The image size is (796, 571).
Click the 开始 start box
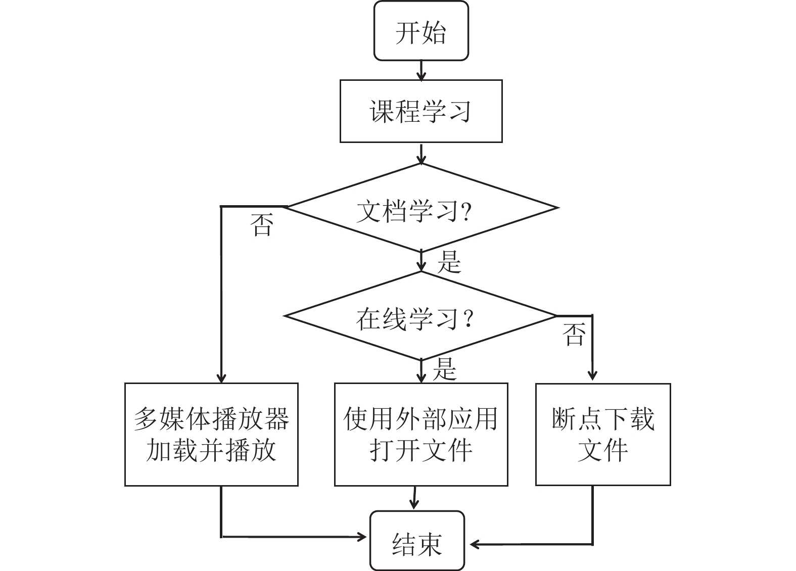(421, 31)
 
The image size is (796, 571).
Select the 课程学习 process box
(421, 111)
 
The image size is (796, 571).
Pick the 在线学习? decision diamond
(420, 316)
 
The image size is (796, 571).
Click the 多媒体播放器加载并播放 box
(211, 434)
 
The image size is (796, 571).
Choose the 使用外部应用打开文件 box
(421, 434)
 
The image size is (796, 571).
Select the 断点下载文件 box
(603, 434)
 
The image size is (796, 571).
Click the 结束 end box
(417, 541)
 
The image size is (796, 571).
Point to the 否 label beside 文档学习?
(262, 224)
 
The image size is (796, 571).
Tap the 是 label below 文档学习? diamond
(449, 262)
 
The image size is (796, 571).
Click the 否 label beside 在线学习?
(574, 335)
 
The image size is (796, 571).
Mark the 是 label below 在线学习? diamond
(445, 369)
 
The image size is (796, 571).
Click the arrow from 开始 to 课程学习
(421, 70)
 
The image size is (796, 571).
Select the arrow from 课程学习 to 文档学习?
(421, 154)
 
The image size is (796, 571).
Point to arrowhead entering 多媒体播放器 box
(221, 378)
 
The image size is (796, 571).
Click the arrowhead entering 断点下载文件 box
(592, 375)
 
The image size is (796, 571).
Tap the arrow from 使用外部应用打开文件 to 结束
(414, 498)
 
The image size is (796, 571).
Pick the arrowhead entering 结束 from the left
(362, 537)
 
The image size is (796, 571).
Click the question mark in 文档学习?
(466, 212)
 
